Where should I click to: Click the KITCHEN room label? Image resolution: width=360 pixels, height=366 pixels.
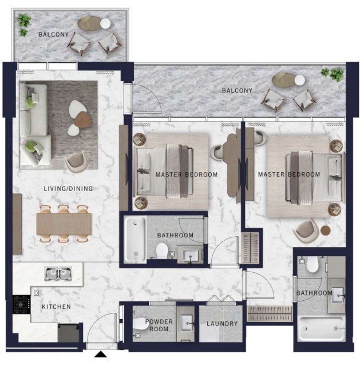click(x=56, y=307)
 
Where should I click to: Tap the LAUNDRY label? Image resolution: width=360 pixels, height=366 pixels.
click(x=222, y=324)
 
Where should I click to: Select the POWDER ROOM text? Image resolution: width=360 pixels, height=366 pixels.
click(x=159, y=325)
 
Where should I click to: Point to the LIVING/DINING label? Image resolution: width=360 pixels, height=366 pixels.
click(x=68, y=188)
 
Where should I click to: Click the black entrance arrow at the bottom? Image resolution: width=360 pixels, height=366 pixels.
click(x=101, y=354)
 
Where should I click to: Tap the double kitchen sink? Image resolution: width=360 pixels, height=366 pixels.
click(x=58, y=274)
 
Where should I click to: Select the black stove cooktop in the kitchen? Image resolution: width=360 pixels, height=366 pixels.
click(x=22, y=304)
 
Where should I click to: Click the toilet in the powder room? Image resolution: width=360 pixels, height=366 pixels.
click(x=141, y=324)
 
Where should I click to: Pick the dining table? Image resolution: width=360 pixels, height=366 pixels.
click(x=64, y=224)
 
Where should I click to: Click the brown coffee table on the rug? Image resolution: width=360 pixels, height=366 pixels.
click(x=83, y=119)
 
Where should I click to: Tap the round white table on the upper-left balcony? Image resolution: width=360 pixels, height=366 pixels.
click(x=105, y=23)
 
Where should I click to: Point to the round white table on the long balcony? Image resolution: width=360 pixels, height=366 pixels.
click(x=299, y=80)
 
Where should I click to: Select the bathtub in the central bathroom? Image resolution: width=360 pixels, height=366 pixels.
click(x=135, y=239)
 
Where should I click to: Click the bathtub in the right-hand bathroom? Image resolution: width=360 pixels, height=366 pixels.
click(x=321, y=328)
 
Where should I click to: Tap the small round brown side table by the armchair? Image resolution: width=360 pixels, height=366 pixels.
click(x=326, y=230)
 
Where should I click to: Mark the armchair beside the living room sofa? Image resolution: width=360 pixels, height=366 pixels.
click(x=75, y=161)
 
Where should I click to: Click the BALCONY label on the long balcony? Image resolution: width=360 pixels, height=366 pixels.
click(x=237, y=90)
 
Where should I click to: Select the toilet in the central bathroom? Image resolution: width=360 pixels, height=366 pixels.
click(x=162, y=251)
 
